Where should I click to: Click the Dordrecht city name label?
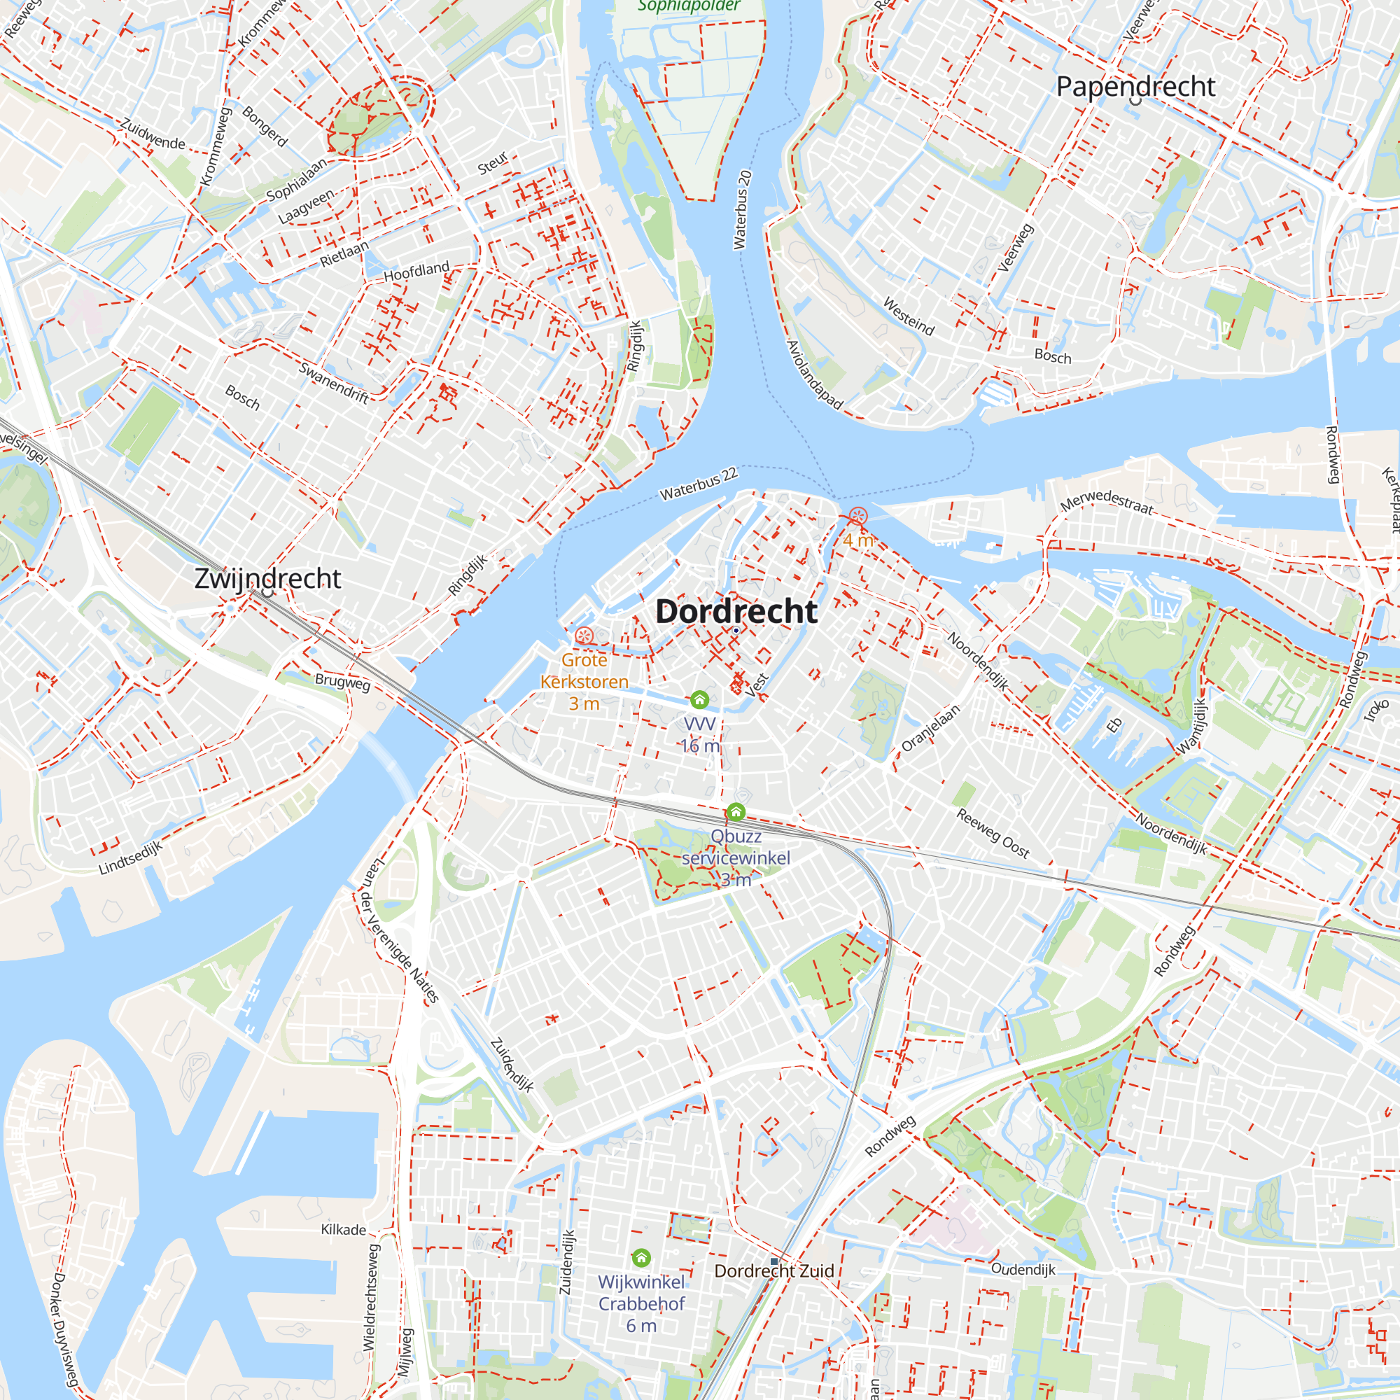click(736, 612)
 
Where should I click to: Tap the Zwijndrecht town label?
click(267, 578)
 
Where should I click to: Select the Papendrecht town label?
click(1135, 86)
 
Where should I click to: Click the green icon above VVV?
click(699, 699)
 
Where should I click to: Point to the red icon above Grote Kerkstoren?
click(584, 636)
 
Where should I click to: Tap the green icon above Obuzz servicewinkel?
click(736, 811)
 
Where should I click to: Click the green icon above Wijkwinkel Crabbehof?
click(641, 1257)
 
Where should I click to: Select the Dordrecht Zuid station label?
click(774, 1271)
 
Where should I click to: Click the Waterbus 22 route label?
click(698, 483)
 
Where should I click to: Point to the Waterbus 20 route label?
click(743, 210)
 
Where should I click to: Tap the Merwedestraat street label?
click(1107, 500)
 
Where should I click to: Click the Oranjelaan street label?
click(930, 727)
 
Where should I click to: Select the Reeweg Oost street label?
click(993, 833)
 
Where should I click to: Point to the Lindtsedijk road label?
click(130, 857)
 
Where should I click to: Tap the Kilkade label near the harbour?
click(344, 1230)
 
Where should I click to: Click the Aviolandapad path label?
click(815, 374)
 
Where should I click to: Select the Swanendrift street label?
click(334, 382)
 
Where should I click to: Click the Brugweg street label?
click(342, 682)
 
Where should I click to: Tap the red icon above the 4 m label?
click(858, 517)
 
